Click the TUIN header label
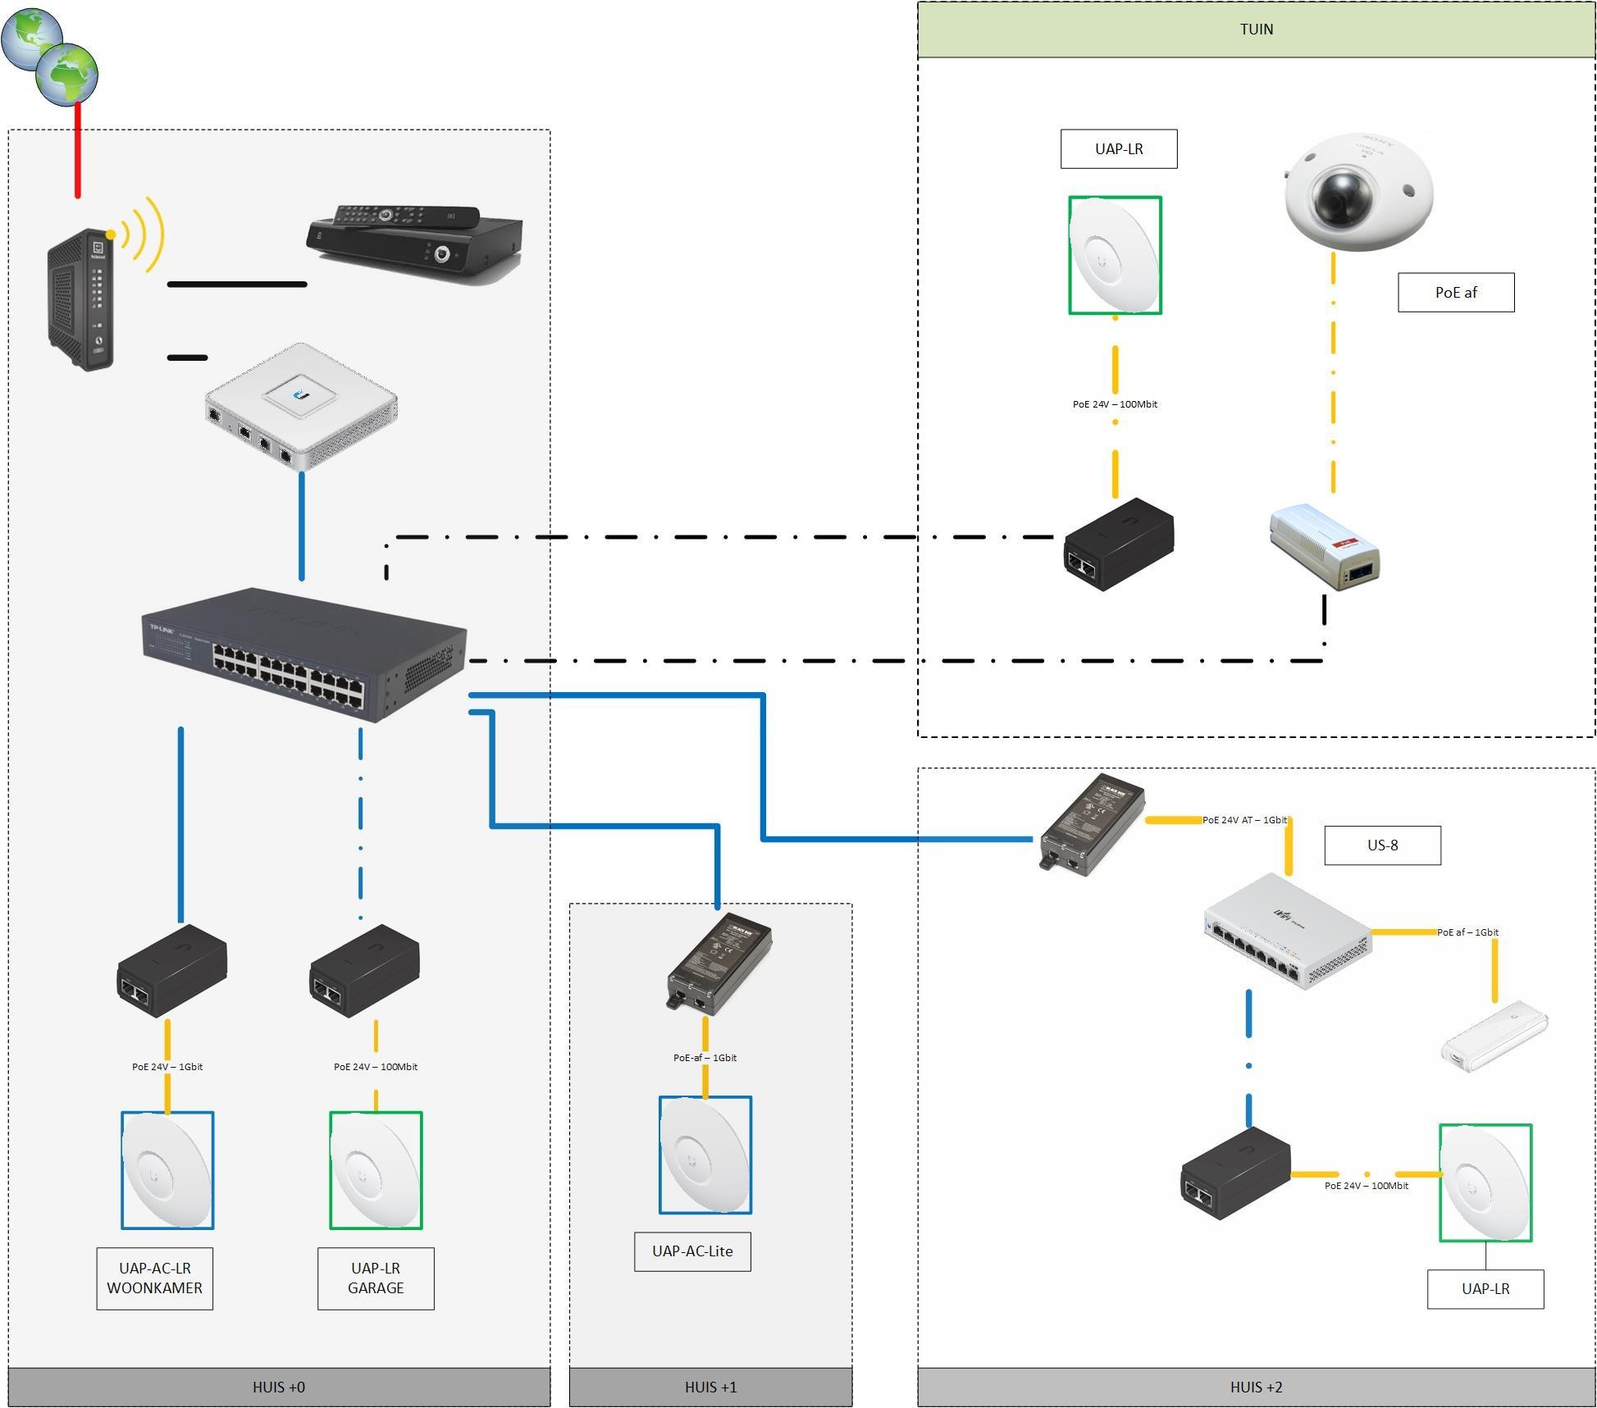[x=1256, y=30]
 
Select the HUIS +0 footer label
[x=279, y=1387]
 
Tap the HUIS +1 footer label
[x=710, y=1387]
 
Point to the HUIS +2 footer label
[x=1256, y=1387]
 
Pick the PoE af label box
[x=1456, y=293]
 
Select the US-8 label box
[x=1382, y=845]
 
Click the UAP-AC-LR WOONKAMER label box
[x=154, y=1278]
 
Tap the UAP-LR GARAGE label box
[x=376, y=1278]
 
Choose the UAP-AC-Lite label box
[x=692, y=1251]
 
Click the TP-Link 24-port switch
[x=303, y=654]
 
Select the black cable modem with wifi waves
[x=80, y=299]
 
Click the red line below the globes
[x=78, y=152]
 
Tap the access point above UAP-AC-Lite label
[x=705, y=1155]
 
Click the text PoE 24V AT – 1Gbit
[x=1244, y=820]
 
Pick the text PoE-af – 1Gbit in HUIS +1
[x=705, y=1058]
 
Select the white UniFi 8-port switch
[x=1288, y=932]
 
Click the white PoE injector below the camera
[x=1324, y=547]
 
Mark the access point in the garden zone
[x=1115, y=255]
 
